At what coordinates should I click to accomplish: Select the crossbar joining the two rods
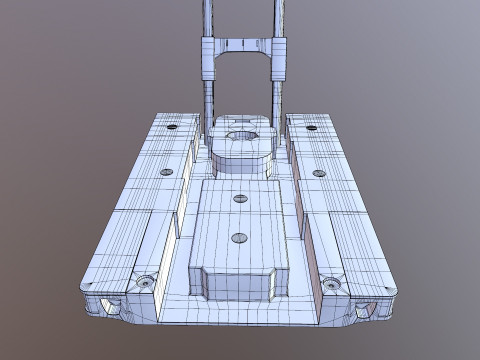[x=242, y=45]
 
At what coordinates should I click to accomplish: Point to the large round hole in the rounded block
[x=242, y=136]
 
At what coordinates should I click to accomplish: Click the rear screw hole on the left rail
[x=172, y=128]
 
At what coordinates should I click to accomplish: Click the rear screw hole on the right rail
[x=311, y=128]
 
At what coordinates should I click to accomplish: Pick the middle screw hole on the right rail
[x=319, y=173]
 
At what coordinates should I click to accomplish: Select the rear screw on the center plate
[x=239, y=198]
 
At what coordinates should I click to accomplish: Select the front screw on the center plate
[x=239, y=238]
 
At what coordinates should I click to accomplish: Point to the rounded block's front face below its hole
[x=242, y=161]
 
